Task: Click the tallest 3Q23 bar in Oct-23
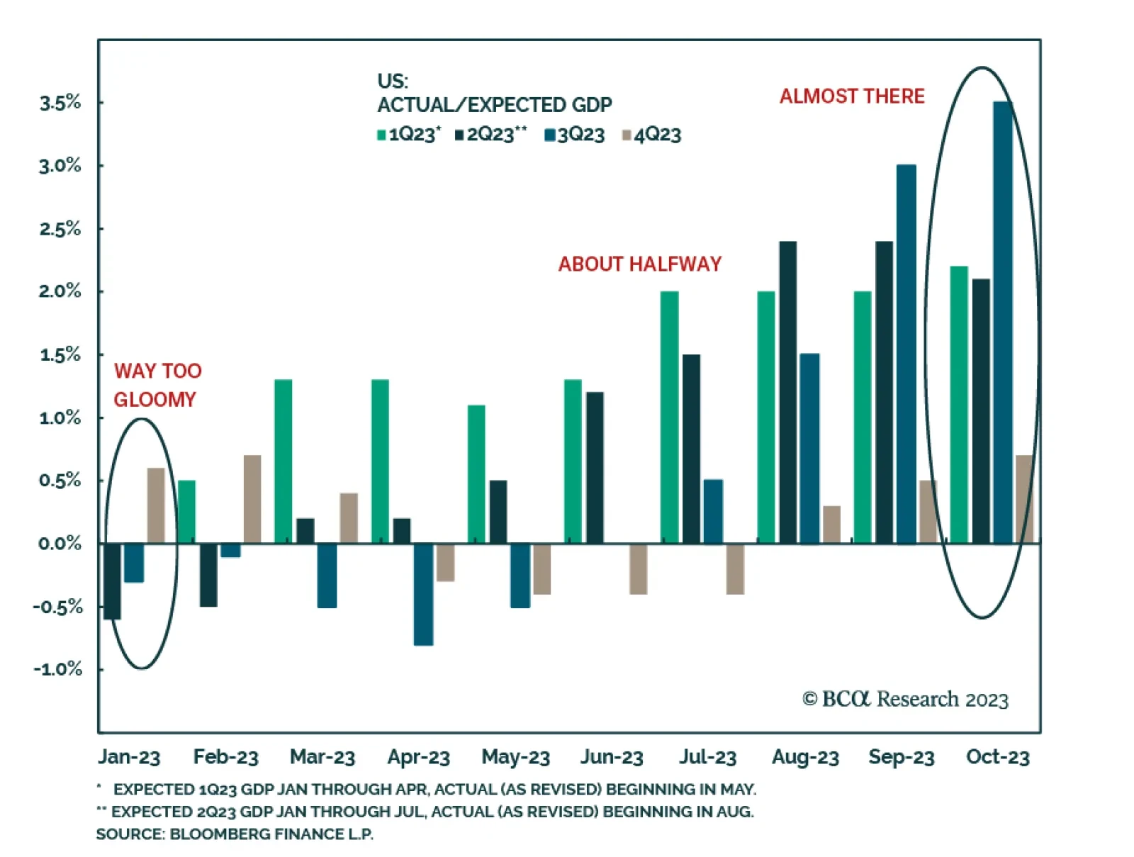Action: (1003, 323)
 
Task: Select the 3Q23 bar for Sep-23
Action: (906, 354)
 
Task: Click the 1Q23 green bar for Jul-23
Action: (669, 418)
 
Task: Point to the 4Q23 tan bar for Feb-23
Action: (252, 499)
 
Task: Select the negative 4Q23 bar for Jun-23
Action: (638, 568)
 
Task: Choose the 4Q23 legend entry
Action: (651, 135)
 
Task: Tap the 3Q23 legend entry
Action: (575, 135)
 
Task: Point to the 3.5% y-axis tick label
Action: (60, 103)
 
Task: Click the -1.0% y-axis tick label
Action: (58, 669)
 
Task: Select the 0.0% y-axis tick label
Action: (60, 544)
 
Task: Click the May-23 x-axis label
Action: (515, 757)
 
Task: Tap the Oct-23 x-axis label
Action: (997, 757)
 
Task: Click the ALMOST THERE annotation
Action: (852, 96)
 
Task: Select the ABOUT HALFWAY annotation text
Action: (639, 264)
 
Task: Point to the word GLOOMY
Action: (155, 400)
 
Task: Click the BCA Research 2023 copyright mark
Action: (905, 700)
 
